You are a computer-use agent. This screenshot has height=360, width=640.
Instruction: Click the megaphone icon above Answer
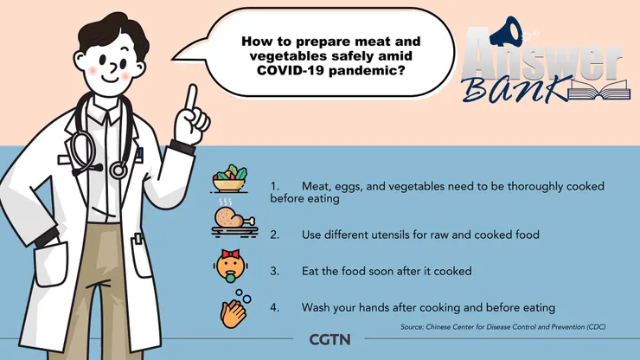(506, 32)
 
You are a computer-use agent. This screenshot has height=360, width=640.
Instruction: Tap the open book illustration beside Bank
(598, 90)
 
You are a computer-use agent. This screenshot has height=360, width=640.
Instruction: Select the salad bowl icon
(230, 178)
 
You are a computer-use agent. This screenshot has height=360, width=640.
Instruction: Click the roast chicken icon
(234, 219)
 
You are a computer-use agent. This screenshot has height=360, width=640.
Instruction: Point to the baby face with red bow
(231, 266)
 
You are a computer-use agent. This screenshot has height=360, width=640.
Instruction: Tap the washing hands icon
(235, 309)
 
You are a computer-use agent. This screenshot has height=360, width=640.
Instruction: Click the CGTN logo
(330, 339)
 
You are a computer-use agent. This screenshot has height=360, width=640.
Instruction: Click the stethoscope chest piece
(118, 169)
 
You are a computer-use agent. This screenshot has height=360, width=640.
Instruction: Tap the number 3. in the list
(275, 271)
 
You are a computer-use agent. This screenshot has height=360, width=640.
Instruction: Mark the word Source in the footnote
(412, 327)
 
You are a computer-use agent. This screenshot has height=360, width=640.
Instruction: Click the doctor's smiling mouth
(109, 79)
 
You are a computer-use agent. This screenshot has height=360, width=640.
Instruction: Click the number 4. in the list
(275, 307)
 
